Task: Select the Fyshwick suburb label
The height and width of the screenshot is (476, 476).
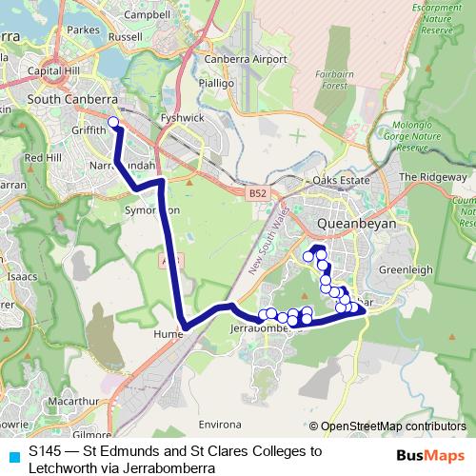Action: coord(182,118)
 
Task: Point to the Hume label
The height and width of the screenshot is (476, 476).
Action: coord(166,334)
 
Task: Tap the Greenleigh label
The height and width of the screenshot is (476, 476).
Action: coord(406,269)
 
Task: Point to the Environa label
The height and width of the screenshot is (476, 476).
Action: coord(219,420)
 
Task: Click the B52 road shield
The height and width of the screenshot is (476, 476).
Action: coord(257,192)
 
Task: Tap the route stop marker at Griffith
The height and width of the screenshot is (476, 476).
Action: coord(113,121)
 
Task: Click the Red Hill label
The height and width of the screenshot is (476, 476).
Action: coord(43,157)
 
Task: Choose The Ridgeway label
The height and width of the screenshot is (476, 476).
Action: coord(433,177)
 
